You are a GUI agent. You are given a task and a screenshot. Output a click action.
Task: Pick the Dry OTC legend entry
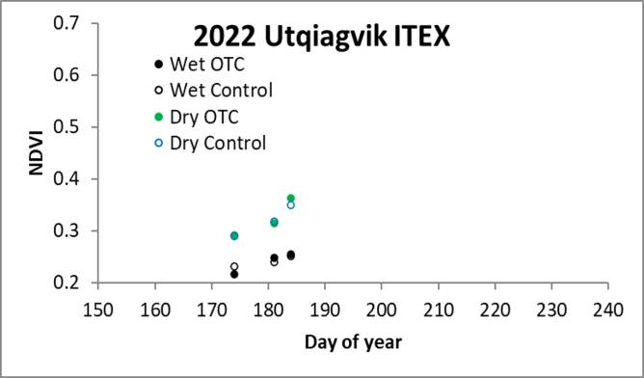[x=197, y=118]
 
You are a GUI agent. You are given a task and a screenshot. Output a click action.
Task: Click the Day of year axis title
[x=352, y=342]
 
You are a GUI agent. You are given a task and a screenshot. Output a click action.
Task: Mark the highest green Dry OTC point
[x=290, y=199]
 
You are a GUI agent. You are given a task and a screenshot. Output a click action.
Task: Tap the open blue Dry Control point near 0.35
[x=290, y=204]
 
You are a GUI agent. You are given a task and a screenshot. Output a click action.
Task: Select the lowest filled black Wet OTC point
[x=234, y=274]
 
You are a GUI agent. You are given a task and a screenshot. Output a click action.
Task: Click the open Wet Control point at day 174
[x=234, y=266]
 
